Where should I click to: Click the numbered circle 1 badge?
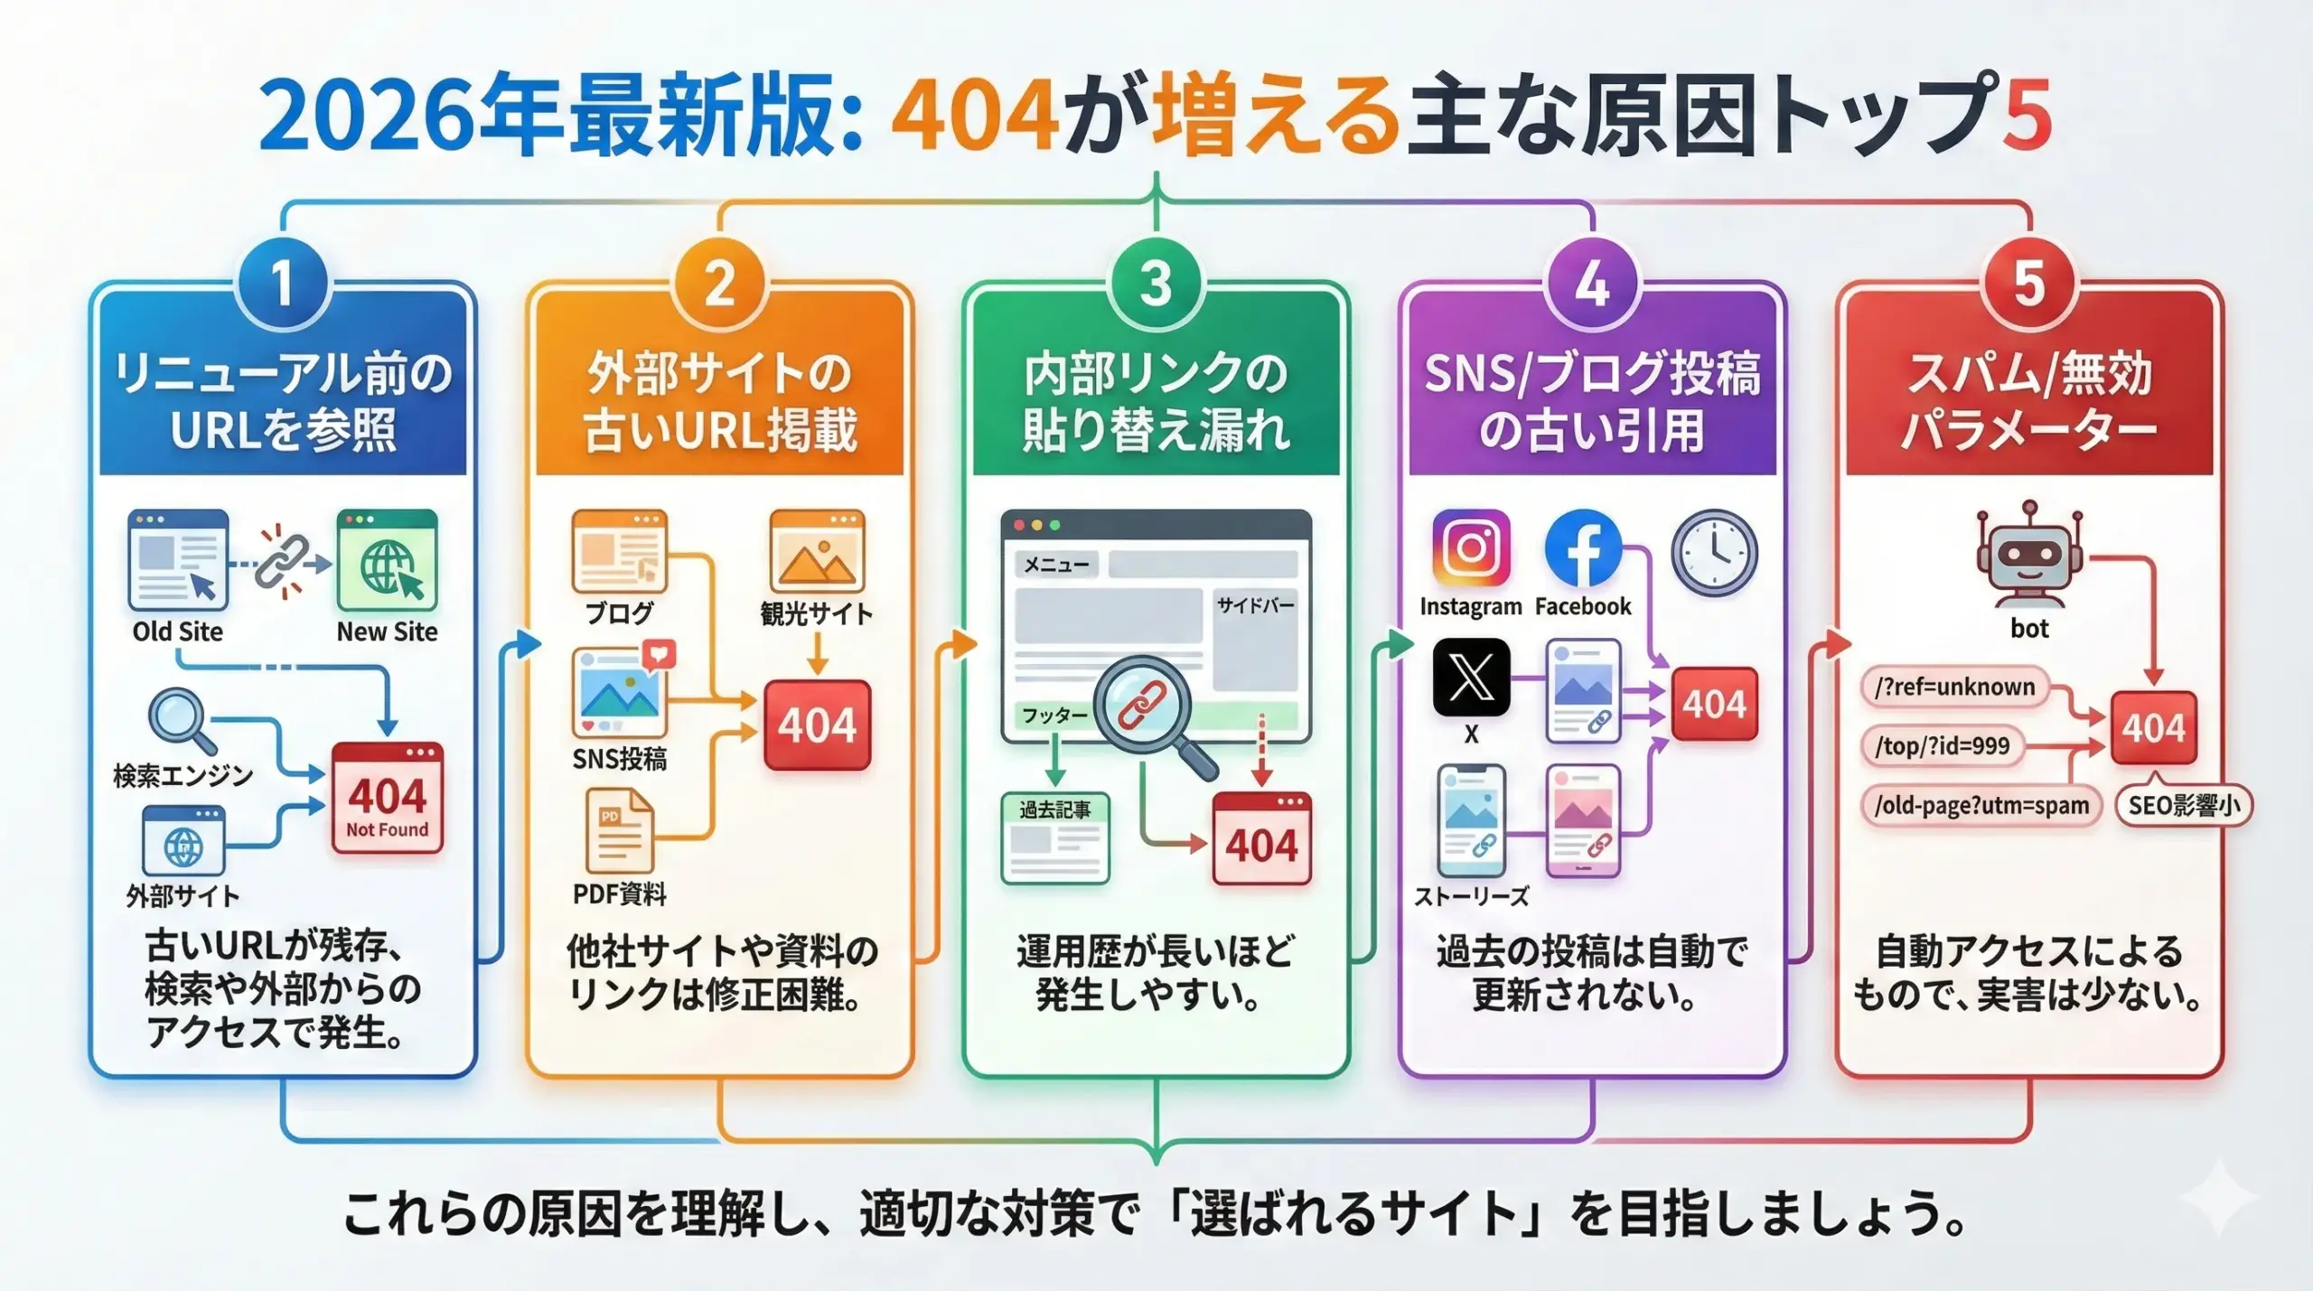283,284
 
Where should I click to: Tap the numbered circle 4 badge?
1592,284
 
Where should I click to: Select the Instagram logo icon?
1470,548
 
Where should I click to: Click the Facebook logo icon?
1583,548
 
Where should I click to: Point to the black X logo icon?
1471,678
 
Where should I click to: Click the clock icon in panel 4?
1714,552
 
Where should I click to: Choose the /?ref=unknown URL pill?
1954,688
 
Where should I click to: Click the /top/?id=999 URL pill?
1942,746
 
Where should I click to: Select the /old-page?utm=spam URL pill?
1981,805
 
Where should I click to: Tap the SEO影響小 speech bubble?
2184,805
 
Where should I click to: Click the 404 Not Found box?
387,799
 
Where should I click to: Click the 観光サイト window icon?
817,550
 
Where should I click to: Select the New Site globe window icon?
387,560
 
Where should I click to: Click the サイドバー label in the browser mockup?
1255,604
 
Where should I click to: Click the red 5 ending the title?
2027,116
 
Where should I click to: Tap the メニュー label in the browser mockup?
1055,565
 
